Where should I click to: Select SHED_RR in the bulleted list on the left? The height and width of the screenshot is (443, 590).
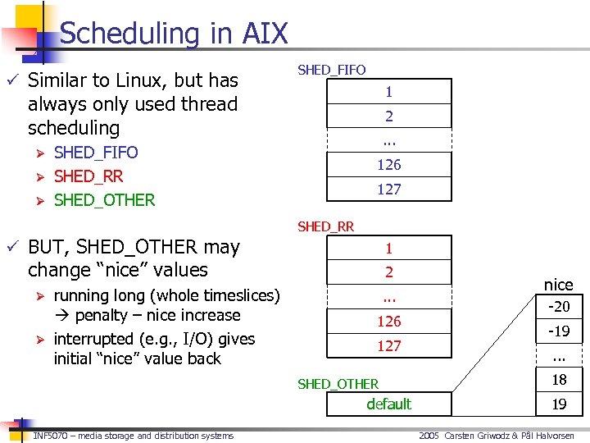tap(88, 176)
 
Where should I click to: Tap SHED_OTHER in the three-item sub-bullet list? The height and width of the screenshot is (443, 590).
tap(104, 199)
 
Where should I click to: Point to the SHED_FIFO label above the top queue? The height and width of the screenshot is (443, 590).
tap(331, 70)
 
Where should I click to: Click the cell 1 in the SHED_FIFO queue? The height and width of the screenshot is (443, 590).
tap(389, 92)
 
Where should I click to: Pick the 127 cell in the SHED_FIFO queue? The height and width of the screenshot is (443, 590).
tap(389, 189)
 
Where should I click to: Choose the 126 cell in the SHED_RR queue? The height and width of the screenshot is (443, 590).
tap(389, 321)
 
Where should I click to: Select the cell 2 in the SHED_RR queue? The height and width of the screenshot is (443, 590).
tap(389, 272)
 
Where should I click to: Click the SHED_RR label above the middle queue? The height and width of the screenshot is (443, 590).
tap(325, 226)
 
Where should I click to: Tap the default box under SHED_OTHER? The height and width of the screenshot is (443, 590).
tap(389, 404)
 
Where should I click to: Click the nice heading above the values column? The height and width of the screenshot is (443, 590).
tap(559, 285)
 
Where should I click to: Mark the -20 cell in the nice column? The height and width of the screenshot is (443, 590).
tap(559, 307)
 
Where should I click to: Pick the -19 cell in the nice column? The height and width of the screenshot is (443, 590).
tap(559, 331)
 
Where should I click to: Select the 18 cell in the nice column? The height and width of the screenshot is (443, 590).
tap(559, 380)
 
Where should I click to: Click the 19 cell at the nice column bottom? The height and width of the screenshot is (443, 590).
tap(559, 404)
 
